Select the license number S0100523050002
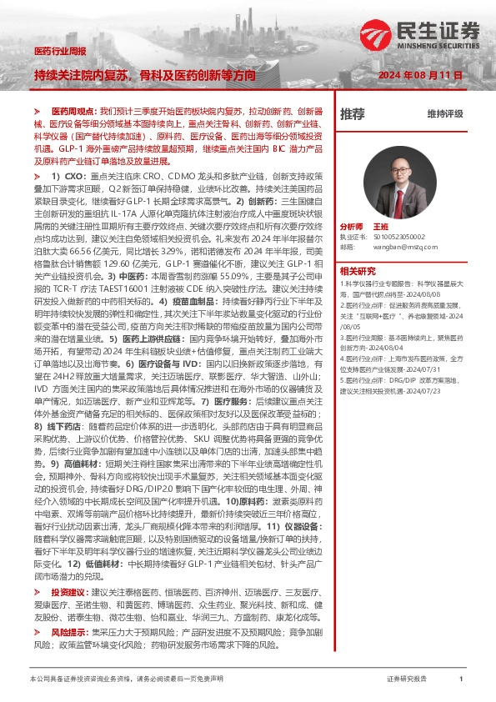pyautogui.click(x=398, y=237)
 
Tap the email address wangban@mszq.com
pyautogui.click(x=400, y=247)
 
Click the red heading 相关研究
pyautogui.click(x=358, y=270)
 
